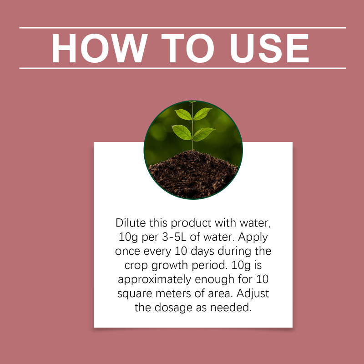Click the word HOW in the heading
pos(100,48)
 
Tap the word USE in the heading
pos(269,48)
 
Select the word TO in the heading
pos(187,48)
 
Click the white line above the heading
pos(182,28)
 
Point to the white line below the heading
pos(182,68)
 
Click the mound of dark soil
pos(193,174)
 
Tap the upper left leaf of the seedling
pos(183,115)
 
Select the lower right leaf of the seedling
pos(204,134)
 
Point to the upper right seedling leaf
pos(202,113)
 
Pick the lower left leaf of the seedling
pos(182,132)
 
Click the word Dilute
pos(131,223)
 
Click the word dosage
pos(174,308)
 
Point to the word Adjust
pos(253,294)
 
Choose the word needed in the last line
pos(231,308)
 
